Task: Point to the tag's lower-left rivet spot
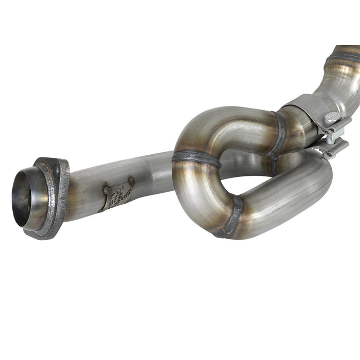[106, 190]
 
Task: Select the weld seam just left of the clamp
[280, 134]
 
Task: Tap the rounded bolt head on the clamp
[332, 118]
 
